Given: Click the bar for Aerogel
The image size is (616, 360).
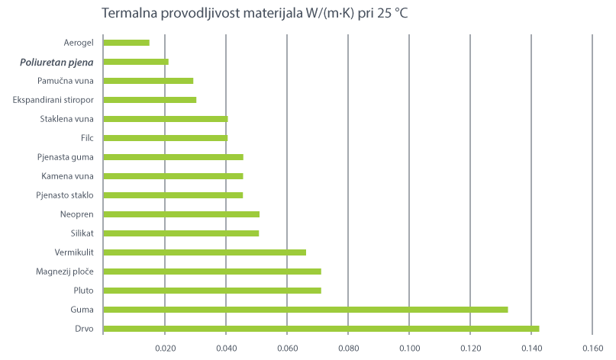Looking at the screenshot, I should pos(126,43).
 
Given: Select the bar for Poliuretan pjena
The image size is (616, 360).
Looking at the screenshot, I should pos(135,62).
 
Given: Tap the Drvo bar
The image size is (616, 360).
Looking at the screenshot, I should pos(321,329).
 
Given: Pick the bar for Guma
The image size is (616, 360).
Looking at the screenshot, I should pos(305,310).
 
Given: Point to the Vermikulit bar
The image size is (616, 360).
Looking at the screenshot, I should pos(204,252).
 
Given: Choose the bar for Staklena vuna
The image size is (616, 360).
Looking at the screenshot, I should pos(165,119).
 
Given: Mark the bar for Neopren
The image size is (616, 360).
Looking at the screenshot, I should pos(181,214).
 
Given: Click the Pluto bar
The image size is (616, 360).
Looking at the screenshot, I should pos(211,291).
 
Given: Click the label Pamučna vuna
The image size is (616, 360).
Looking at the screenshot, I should pos(66,81).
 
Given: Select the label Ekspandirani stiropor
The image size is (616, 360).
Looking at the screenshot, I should pos(53,100).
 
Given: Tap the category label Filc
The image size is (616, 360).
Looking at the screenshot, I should pos(86,138).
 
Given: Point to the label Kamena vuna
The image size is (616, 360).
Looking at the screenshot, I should pos(67,176).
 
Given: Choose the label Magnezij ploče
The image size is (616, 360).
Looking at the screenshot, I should pos(64,272).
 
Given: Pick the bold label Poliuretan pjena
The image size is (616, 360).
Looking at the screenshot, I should pos(57,62).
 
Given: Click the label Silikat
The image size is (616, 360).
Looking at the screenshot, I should pos(81,233).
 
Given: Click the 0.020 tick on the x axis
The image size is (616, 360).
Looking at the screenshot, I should pos(165,348).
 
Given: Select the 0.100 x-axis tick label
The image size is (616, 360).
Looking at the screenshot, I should pos(409,348).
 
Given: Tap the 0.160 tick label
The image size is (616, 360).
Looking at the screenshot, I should pos(592,348).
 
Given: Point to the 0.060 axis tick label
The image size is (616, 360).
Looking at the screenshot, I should pos(287,348).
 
